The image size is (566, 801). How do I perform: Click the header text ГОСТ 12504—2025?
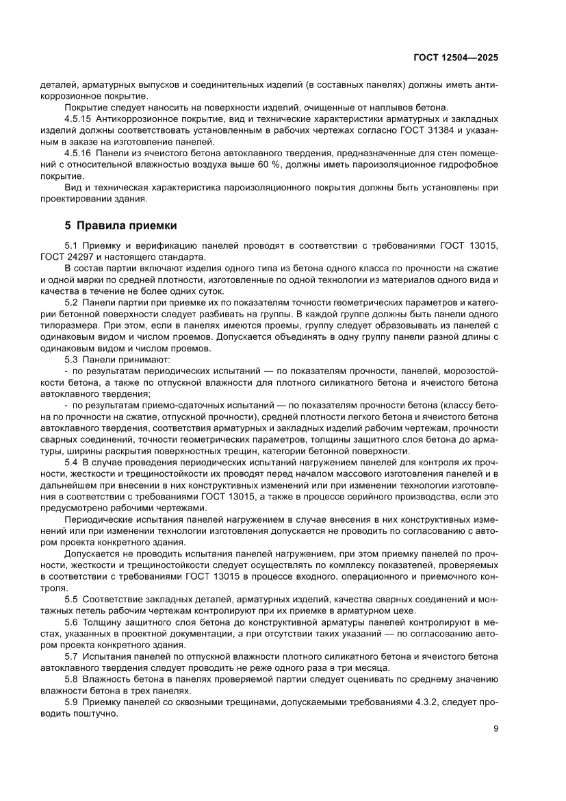point(456,58)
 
